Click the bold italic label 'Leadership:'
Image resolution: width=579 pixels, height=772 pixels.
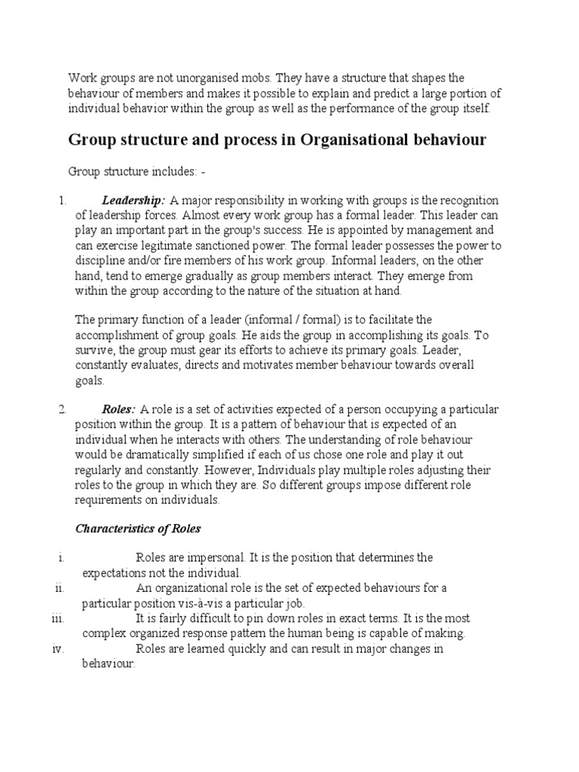click(x=133, y=200)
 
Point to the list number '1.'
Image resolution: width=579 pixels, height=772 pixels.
click(x=63, y=200)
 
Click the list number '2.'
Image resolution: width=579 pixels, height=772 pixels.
click(x=63, y=409)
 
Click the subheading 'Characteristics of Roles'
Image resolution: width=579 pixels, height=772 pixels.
click(x=138, y=528)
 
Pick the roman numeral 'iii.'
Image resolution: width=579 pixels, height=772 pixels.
click(x=58, y=618)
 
